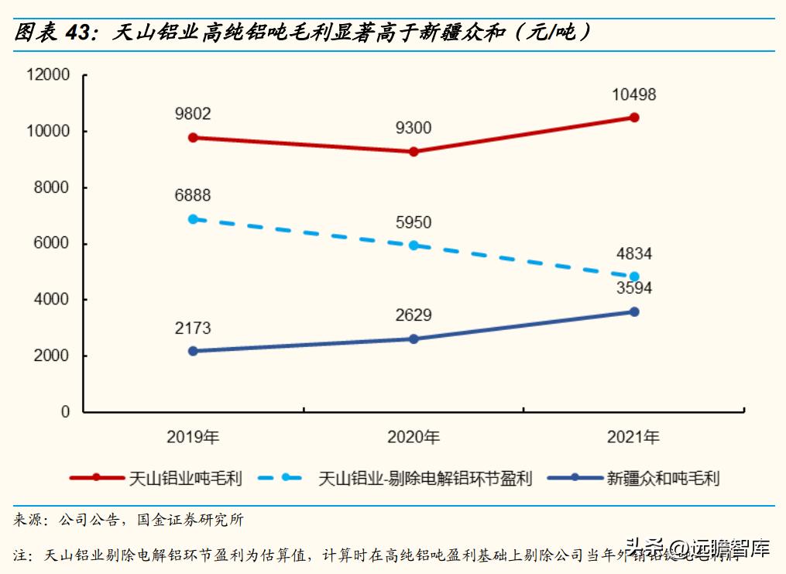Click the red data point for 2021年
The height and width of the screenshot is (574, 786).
click(634, 118)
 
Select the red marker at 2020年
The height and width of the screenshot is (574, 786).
click(414, 152)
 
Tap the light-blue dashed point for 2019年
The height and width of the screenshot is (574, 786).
click(193, 219)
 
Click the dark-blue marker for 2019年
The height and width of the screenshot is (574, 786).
click(193, 352)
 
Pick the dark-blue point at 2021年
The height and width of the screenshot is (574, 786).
click(634, 311)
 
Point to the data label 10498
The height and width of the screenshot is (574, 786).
click(634, 95)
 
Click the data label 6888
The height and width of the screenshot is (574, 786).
click(193, 197)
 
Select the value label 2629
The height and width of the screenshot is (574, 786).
click(414, 316)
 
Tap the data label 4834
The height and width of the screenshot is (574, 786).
click(634, 254)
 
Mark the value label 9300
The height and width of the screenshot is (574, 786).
click(414, 129)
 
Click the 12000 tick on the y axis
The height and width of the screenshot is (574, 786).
click(48, 75)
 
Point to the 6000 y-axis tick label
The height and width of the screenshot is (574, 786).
click(52, 244)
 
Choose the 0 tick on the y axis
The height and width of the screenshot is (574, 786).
click(66, 412)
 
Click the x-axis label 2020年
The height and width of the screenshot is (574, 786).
click(414, 438)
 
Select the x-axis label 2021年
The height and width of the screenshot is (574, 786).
click(634, 438)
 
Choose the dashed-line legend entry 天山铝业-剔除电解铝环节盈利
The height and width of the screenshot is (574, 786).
click(425, 478)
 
